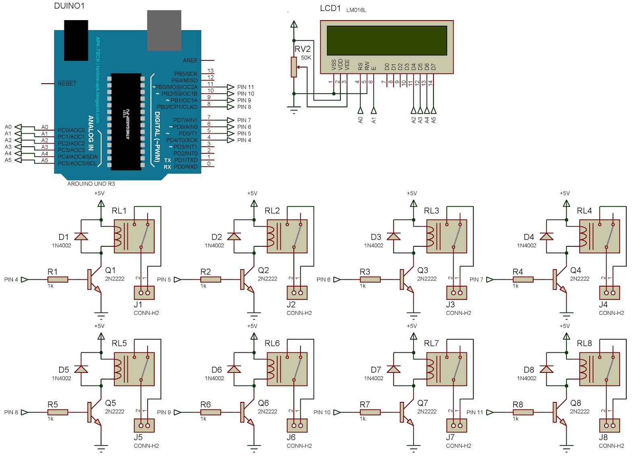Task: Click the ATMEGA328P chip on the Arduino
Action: (x=126, y=121)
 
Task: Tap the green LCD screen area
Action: (x=387, y=41)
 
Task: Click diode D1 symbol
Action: (x=81, y=236)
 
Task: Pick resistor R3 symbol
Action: (x=370, y=279)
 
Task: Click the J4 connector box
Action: (x=609, y=293)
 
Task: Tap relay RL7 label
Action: (x=431, y=343)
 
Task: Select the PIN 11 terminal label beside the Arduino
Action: (x=246, y=87)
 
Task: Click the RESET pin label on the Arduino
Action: (x=67, y=84)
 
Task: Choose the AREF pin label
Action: (x=190, y=60)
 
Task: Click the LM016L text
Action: (x=356, y=10)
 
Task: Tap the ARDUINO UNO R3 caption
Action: (x=91, y=184)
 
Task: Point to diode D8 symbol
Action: (x=546, y=369)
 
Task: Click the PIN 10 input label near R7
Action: (x=322, y=412)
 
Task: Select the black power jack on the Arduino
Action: (x=76, y=40)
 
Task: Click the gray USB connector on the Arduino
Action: (x=164, y=31)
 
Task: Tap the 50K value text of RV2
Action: (x=306, y=58)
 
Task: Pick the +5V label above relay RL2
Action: (x=252, y=193)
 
